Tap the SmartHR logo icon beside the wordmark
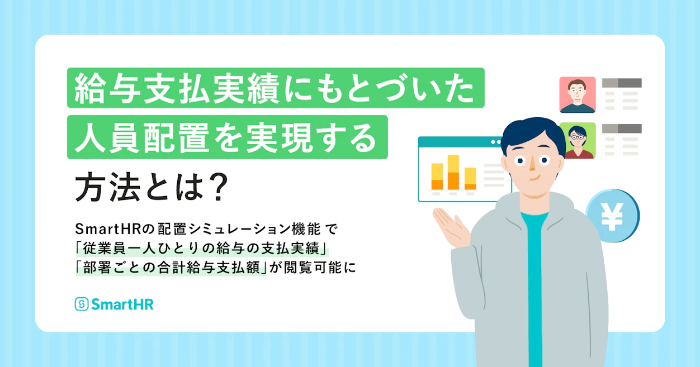[82, 304]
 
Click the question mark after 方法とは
[219, 187]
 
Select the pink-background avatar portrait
[578, 94]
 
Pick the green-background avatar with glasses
[578, 141]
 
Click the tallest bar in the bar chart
[453, 173]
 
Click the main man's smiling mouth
[535, 178]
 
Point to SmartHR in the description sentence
[108, 229]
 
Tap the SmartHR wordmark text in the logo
[122, 304]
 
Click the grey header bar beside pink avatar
[622, 83]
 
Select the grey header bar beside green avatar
[622, 128]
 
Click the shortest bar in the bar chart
[470, 179]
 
